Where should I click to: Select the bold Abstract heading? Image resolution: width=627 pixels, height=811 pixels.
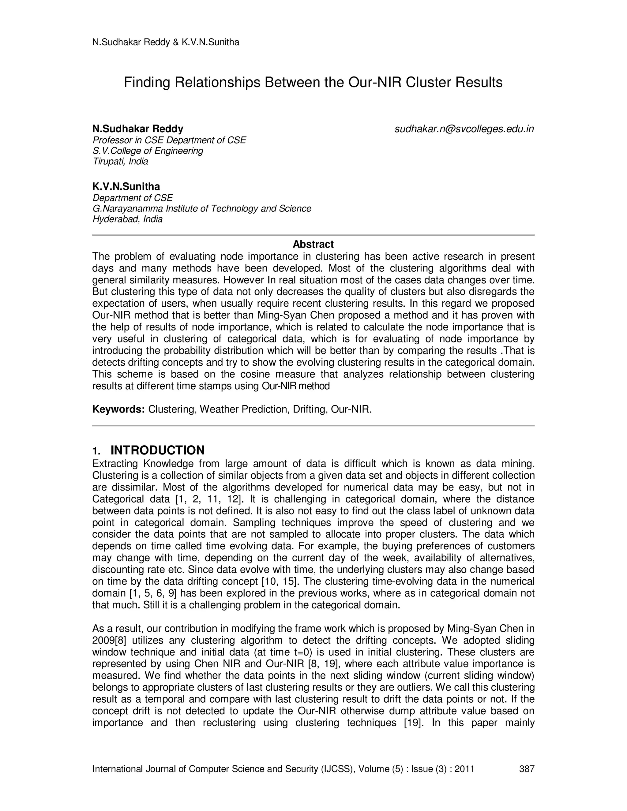[x=313, y=244]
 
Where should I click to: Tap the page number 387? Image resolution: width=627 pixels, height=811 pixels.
[x=526, y=769]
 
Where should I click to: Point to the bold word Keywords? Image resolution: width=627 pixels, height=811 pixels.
[x=118, y=409]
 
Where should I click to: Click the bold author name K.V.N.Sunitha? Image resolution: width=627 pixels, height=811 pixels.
[x=126, y=186]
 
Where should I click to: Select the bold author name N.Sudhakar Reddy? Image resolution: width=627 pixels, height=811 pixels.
[x=137, y=129]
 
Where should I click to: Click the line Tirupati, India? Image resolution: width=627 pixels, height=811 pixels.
[x=120, y=162]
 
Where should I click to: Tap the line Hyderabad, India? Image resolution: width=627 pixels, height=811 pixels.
[x=127, y=219]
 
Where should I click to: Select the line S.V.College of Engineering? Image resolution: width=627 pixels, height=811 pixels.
[x=148, y=151]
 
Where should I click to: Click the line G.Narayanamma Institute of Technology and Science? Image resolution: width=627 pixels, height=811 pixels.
[x=202, y=209]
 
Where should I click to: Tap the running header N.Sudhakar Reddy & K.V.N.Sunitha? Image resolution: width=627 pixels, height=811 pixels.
[x=166, y=42]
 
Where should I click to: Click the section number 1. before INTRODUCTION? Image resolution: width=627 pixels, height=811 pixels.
[x=96, y=451]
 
